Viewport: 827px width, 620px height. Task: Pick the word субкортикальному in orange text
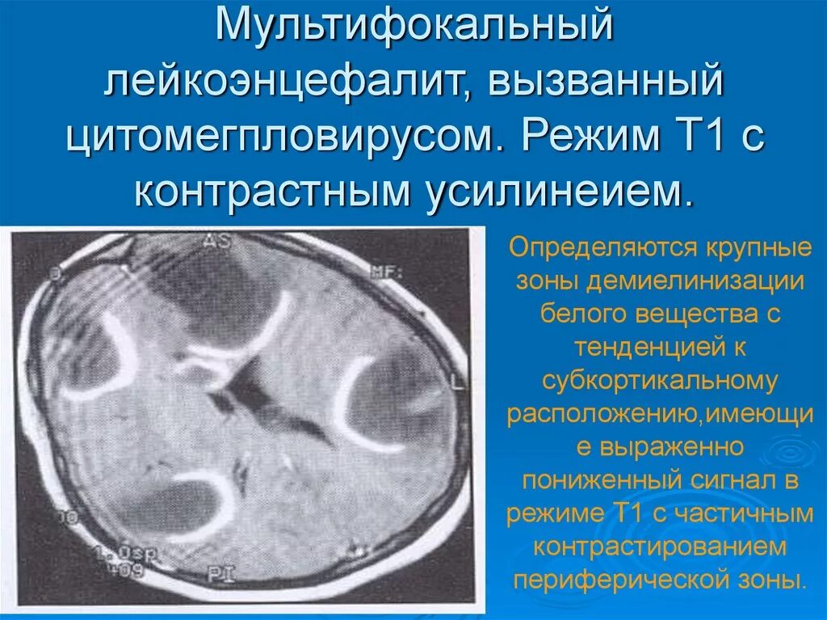click(659, 380)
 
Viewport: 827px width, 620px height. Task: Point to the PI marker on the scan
click(218, 576)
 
